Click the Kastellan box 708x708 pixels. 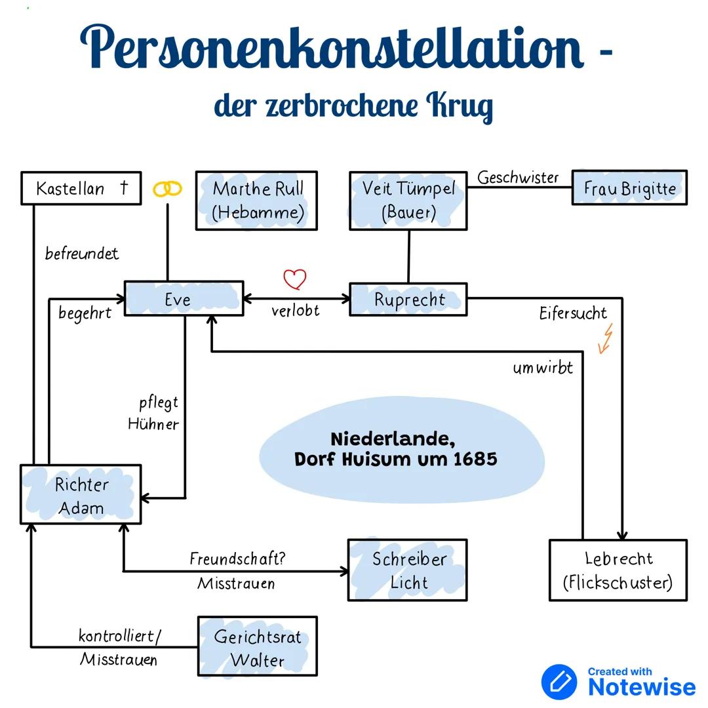click(x=81, y=188)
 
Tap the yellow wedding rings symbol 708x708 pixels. click(x=167, y=189)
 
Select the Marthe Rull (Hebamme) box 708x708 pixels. click(x=256, y=201)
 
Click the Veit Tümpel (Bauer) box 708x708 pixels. click(x=408, y=201)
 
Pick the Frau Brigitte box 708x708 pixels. click(x=629, y=188)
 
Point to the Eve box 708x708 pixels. click(x=184, y=299)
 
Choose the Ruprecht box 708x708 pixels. click(x=408, y=300)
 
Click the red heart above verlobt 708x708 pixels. click(x=295, y=279)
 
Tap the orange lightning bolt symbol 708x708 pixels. click(x=606, y=338)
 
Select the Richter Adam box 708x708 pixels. click(x=81, y=495)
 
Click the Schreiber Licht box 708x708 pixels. click(x=408, y=570)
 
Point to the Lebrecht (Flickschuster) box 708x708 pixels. click(x=618, y=570)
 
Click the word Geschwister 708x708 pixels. click(x=518, y=178)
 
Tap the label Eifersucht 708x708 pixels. click(x=573, y=313)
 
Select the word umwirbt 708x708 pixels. click(x=543, y=368)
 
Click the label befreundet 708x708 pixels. click(x=82, y=254)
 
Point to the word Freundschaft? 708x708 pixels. click(x=238, y=559)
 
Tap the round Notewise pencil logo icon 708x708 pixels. click(x=559, y=682)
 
